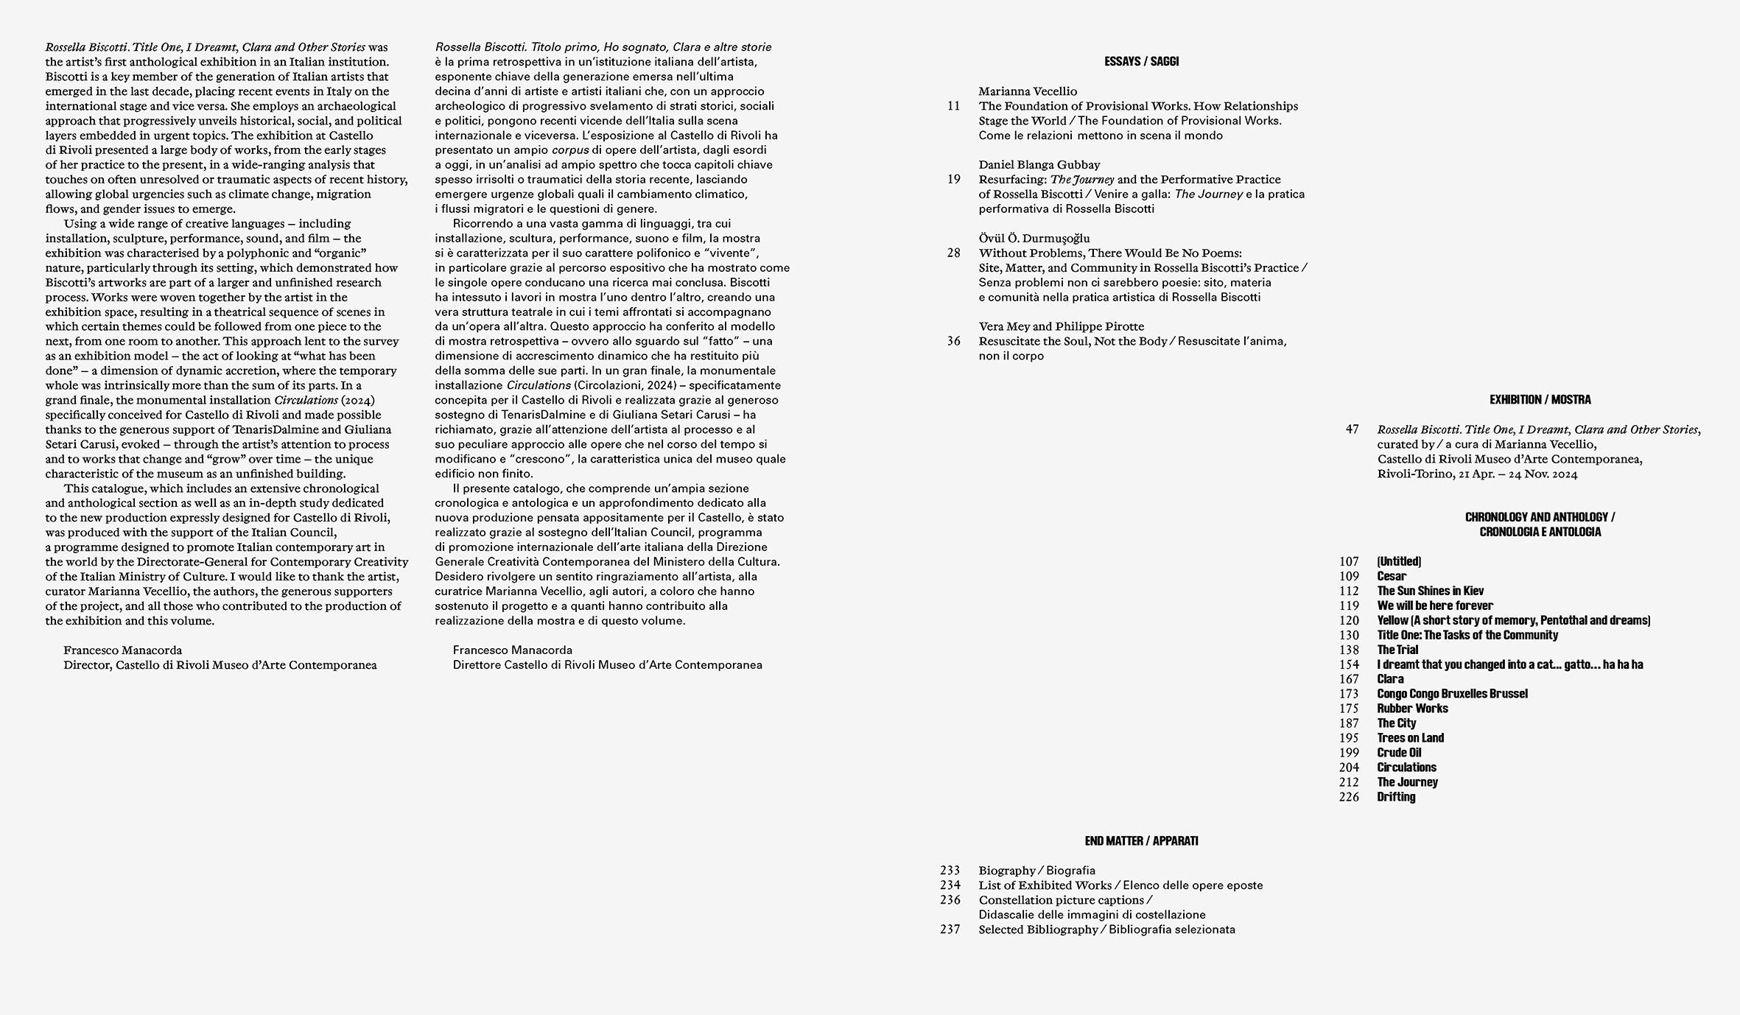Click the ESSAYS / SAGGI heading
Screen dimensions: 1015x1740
tap(1141, 62)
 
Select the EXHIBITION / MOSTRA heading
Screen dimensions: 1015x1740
tap(1540, 400)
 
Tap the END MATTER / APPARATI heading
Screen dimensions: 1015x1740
tap(1141, 841)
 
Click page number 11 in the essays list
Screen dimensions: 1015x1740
tap(954, 106)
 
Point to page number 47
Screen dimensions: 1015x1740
tap(1352, 429)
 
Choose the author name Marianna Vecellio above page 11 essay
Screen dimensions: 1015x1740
tap(1028, 91)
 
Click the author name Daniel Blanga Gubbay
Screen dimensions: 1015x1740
tap(1039, 165)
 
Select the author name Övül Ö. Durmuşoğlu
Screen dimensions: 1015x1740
tap(1034, 239)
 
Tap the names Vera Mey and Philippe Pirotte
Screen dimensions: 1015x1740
tap(1061, 326)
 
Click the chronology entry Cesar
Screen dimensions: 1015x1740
tap(1392, 576)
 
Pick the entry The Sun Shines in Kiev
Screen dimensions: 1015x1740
tap(1431, 591)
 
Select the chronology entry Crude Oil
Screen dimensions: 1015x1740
tap(1399, 753)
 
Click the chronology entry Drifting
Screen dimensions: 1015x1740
tap(1396, 797)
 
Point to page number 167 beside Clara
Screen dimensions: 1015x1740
tap(1349, 679)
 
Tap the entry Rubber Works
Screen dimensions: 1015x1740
tap(1412, 709)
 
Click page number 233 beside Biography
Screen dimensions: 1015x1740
tap(950, 871)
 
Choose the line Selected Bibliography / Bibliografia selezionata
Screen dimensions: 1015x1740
tap(1106, 930)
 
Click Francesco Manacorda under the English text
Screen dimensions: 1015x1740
tap(122, 650)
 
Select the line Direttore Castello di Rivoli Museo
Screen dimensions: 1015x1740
tap(607, 665)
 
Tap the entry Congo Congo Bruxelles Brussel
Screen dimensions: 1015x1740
tap(1452, 694)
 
